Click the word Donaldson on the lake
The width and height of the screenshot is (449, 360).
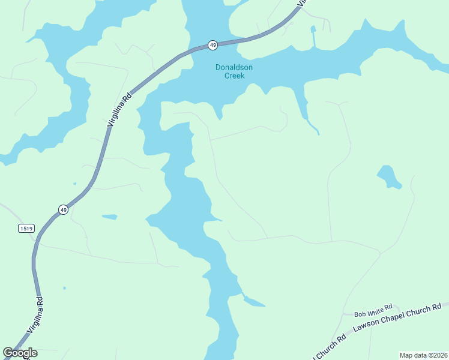(234, 67)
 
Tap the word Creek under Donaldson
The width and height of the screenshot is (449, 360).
(234, 76)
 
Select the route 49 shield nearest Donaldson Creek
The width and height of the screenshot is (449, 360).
(212, 45)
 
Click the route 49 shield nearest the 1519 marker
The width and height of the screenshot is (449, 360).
(63, 209)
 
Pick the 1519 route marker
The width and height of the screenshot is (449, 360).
(26, 228)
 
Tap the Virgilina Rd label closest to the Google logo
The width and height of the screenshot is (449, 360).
(36, 316)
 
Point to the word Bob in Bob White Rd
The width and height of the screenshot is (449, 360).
(360, 314)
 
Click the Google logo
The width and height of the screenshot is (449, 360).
(20, 353)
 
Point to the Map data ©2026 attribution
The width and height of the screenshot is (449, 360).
(423, 355)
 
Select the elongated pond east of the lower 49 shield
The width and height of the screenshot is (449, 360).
(109, 217)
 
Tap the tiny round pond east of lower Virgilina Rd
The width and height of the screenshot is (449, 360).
(64, 287)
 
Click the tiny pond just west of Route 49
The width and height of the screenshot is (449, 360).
(74, 184)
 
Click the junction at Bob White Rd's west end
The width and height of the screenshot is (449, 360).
(343, 314)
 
